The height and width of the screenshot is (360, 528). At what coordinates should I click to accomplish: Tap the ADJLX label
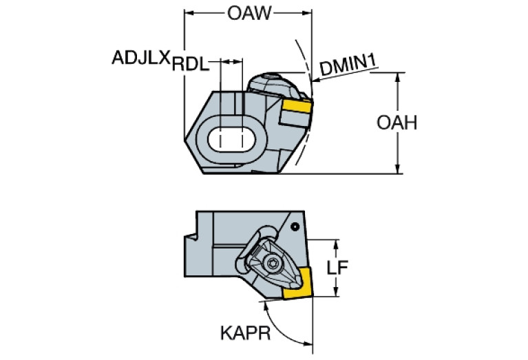click(x=140, y=58)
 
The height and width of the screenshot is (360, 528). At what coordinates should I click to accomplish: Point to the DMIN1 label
click(x=348, y=67)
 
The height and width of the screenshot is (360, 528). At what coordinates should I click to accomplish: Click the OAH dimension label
click(x=397, y=123)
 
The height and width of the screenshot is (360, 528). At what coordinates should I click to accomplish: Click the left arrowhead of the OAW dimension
click(x=188, y=12)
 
